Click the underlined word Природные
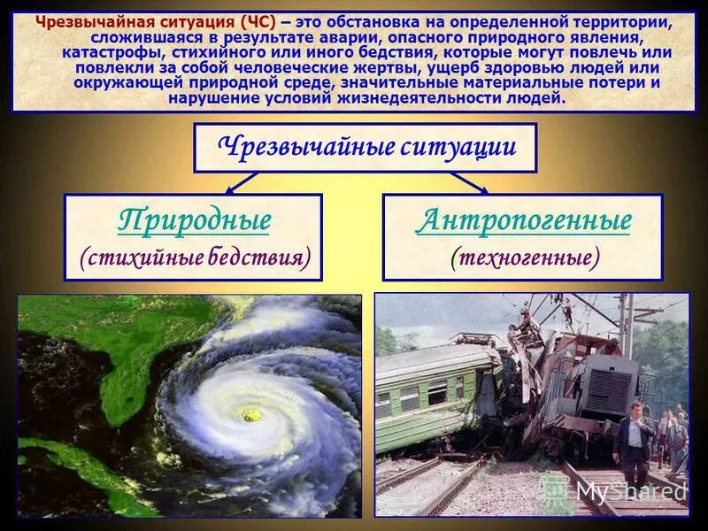194,219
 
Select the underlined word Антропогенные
523,219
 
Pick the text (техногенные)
524,257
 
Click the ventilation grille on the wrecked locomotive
610,389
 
